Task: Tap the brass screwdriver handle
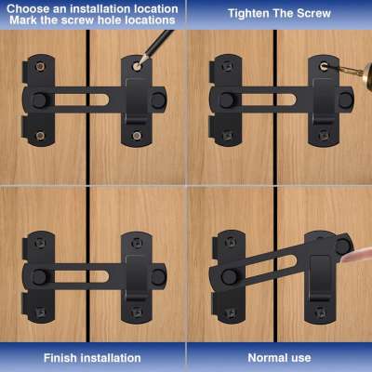point(367,73)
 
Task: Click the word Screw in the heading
point(313,13)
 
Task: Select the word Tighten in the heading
point(248,14)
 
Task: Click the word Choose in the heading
point(29,8)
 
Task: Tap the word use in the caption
point(301,358)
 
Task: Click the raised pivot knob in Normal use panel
point(229,276)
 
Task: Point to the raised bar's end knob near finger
point(342,246)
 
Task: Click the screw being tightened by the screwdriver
point(324,66)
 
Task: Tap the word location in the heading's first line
point(157,8)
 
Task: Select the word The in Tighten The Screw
point(283,13)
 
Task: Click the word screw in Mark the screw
point(78,20)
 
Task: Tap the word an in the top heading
point(59,9)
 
